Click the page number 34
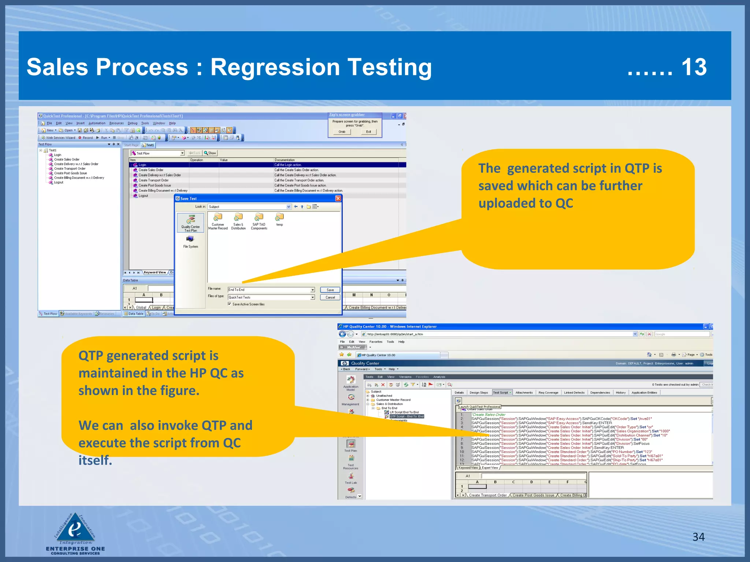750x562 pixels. (x=698, y=537)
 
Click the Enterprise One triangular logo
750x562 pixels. (x=75, y=528)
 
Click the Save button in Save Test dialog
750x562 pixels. (x=330, y=290)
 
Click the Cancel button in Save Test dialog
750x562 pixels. (x=330, y=297)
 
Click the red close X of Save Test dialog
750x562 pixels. (x=338, y=198)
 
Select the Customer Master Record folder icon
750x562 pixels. (x=218, y=217)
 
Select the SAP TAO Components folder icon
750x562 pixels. (x=259, y=217)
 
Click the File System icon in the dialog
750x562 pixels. (x=190, y=239)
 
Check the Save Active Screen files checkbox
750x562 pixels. (x=230, y=304)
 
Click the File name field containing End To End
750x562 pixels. (x=269, y=290)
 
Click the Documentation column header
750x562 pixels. (x=285, y=160)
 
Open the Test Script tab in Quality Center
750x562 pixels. (x=501, y=393)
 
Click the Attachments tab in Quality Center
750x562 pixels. (x=524, y=393)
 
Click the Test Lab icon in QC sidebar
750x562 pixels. (x=350, y=477)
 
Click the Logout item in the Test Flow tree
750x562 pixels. (x=59, y=183)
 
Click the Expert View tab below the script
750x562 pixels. (x=490, y=468)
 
